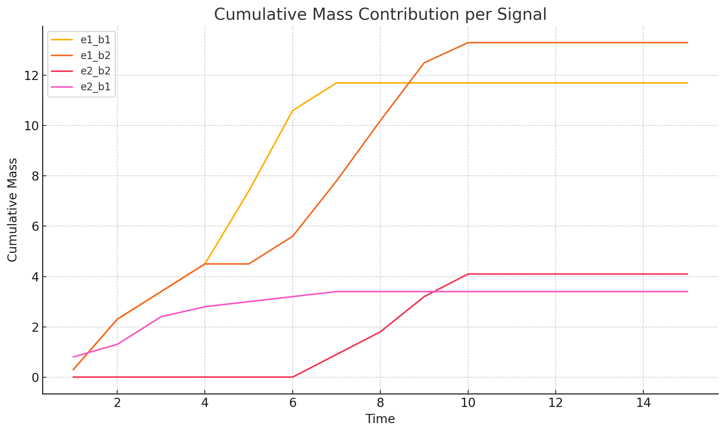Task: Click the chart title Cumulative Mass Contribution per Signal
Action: [x=380, y=15]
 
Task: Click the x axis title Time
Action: [x=380, y=419]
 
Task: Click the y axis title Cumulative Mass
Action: [x=12, y=210]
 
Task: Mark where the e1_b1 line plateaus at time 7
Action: [x=336, y=83]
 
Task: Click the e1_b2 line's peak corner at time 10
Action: [x=468, y=43]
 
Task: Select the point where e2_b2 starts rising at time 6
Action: [x=292, y=377]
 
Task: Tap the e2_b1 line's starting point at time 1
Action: [x=73, y=357]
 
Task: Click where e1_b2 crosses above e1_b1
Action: [x=408, y=83]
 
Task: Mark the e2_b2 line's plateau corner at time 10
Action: [x=468, y=274]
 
